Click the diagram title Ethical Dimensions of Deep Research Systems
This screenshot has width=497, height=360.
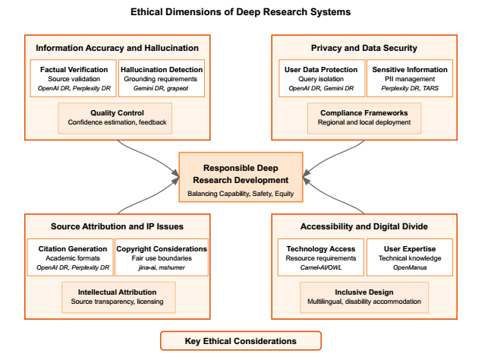[241, 12]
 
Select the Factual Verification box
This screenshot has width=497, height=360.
[73, 78]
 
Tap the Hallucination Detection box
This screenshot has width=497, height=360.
[162, 78]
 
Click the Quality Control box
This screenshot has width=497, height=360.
[115, 118]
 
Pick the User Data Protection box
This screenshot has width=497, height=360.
[322, 78]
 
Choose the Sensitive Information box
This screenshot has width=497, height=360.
[410, 78]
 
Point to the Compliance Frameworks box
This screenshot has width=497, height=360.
[364, 118]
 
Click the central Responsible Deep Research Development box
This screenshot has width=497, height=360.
[241, 177]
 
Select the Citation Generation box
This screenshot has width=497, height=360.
[71, 257]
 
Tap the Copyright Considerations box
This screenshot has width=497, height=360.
[162, 257]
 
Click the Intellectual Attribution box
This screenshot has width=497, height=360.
[118, 298]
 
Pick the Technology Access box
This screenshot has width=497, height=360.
[321, 257]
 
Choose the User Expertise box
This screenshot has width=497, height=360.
[410, 257]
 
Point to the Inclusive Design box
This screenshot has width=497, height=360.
[364, 298]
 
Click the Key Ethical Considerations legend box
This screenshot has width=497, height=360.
[241, 341]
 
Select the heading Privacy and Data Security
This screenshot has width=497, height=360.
[364, 48]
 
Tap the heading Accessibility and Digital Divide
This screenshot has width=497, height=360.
[364, 226]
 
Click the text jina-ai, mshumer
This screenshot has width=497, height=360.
[162, 267]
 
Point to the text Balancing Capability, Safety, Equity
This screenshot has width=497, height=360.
[241, 194]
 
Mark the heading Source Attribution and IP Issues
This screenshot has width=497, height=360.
[117, 226]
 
